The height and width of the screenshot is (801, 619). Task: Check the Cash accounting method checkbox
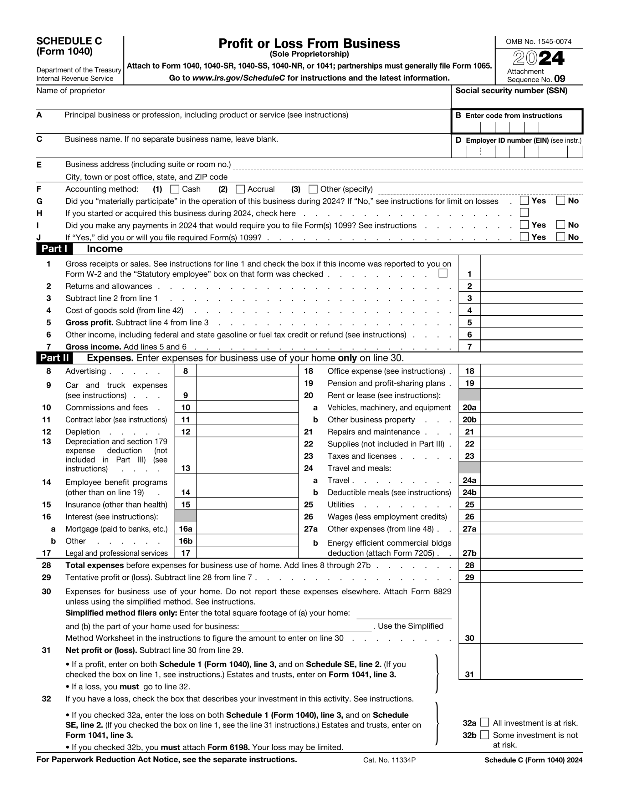(175, 189)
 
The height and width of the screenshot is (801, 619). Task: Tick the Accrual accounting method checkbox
(240, 189)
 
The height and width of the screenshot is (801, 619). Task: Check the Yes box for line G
(524, 201)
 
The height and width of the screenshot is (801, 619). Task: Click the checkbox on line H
(524, 213)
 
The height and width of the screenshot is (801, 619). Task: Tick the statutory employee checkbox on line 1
(443, 273)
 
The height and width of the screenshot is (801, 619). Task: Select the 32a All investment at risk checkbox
(485, 722)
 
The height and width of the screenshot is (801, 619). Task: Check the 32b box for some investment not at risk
(485, 735)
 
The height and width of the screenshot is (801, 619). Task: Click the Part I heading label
(54, 249)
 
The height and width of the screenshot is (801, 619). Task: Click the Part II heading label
(54, 358)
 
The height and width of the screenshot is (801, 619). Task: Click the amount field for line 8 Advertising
(247, 371)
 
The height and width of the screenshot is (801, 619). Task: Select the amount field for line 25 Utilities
(531, 504)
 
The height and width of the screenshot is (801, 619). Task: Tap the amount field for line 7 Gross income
(531, 346)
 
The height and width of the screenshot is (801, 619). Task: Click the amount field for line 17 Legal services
(247, 552)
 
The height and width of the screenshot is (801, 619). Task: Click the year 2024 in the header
(538, 58)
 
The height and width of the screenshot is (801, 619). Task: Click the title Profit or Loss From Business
(309, 43)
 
